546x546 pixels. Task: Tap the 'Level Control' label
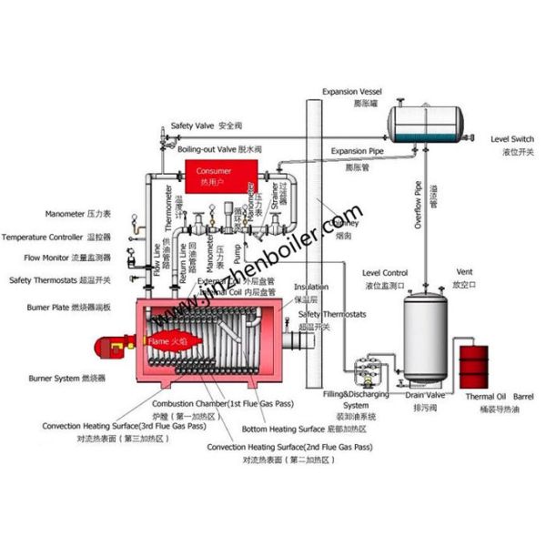tap(384, 273)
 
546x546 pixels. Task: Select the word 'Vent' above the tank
tap(464, 273)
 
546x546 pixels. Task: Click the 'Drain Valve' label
tap(425, 396)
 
